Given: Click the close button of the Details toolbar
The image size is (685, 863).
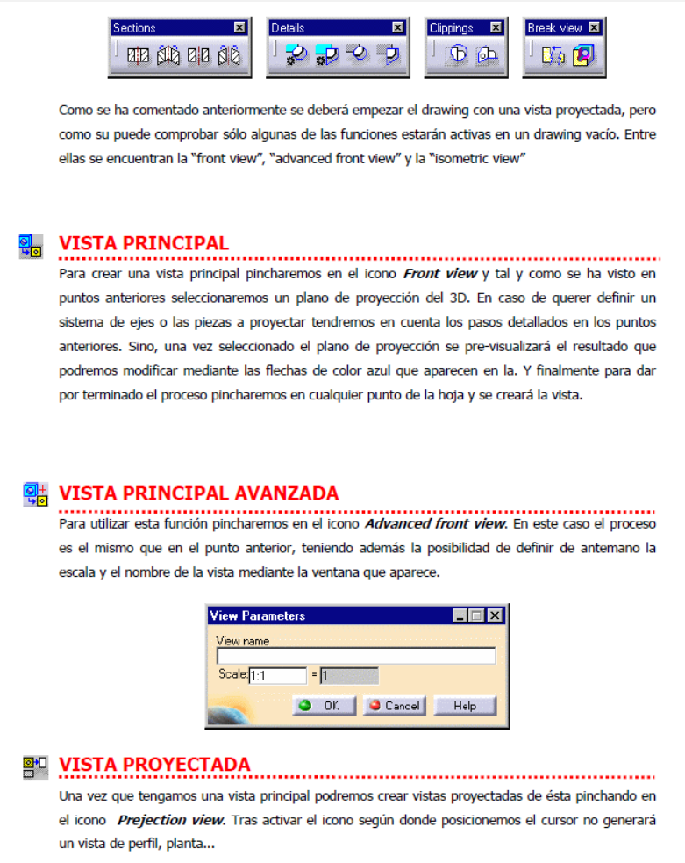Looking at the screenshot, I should point(397,28).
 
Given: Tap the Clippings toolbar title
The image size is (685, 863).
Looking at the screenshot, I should point(452,28).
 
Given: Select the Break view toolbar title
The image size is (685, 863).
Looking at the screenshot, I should point(554,28).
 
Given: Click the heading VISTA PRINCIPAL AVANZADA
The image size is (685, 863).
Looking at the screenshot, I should point(198,493).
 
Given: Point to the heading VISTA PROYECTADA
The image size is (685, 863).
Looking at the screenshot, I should point(154,764).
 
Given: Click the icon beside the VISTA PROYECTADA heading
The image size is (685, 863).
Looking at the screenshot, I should point(35,767).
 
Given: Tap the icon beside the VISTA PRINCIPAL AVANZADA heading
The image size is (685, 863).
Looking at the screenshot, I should point(35,495).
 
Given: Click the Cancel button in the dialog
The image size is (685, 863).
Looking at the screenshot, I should point(394,705).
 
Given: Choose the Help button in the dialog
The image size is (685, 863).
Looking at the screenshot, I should point(464,705).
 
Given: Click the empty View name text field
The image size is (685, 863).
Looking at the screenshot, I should point(355,656).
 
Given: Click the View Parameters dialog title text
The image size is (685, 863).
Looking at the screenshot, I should point(258,615).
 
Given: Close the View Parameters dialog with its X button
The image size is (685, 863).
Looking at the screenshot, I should point(496,615).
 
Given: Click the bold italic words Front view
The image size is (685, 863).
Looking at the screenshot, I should point(439,274).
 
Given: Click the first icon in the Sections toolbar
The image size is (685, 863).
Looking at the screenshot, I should point(139,56).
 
